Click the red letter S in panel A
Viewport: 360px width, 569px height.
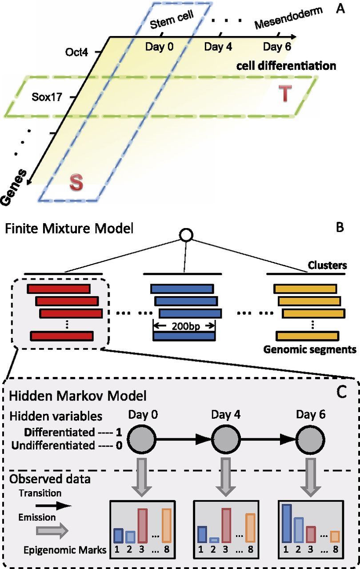pyautogui.click(x=77, y=183)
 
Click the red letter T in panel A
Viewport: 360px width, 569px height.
pyautogui.click(x=286, y=93)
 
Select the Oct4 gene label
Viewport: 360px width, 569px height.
pyautogui.click(x=77, y=52)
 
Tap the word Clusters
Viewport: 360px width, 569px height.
pyautogui.click(x=328, y=266)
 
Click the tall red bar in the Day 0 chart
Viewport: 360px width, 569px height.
pyautogui.click(x=143, y=526)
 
